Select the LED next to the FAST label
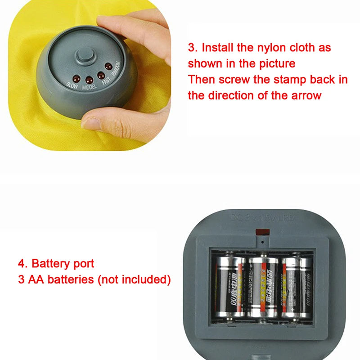pos(101,75)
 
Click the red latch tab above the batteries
pos(262,232)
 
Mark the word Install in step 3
pos(218,47)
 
